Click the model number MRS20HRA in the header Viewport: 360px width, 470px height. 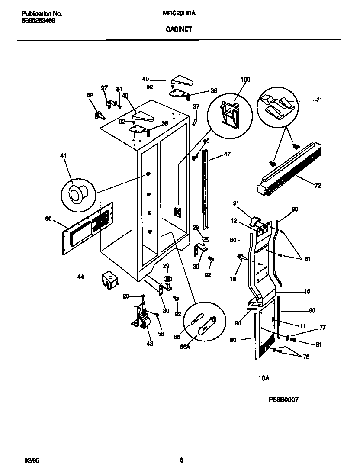click(179, 13)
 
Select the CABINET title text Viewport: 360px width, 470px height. click(179, 30)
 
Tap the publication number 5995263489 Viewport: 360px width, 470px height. click(39, 20)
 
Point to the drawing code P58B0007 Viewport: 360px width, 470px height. click(283, 399)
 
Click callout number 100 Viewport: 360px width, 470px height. click(245, 80)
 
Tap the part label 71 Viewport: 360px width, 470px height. click(319, 100)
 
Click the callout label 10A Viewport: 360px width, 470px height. click(264, 378)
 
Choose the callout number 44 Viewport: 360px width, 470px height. click(81, 276)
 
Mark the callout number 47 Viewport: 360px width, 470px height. click(228, 154)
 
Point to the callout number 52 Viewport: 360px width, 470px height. click(90, 96)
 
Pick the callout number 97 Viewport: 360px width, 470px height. click(104, 88)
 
